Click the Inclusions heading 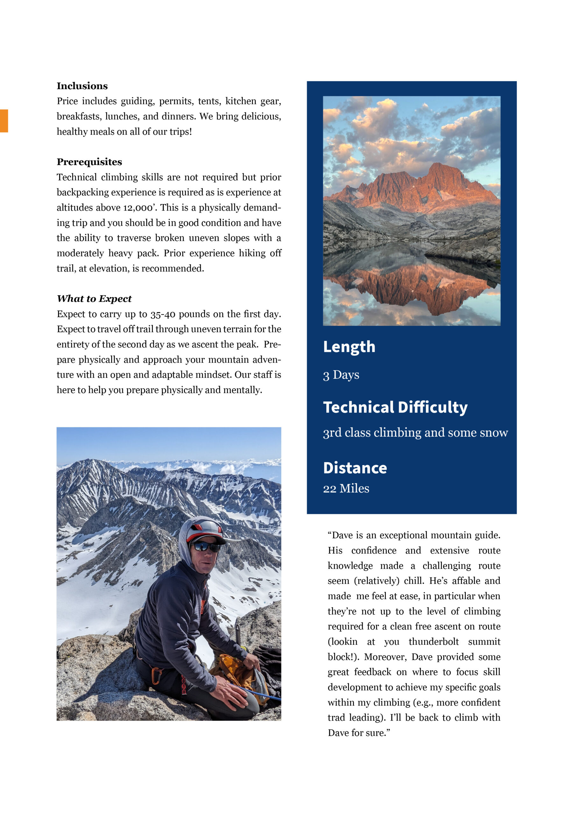pos(82,86)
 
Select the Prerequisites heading pos(89,162)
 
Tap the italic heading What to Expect pos(94,299)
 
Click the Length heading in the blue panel pos(349,347)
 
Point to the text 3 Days pos(341,375)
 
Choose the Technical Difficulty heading pos(395,407)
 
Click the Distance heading pos(355,468)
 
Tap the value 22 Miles pos(346,489)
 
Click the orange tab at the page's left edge pos(4,121)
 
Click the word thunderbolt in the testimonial pos(433,642)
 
